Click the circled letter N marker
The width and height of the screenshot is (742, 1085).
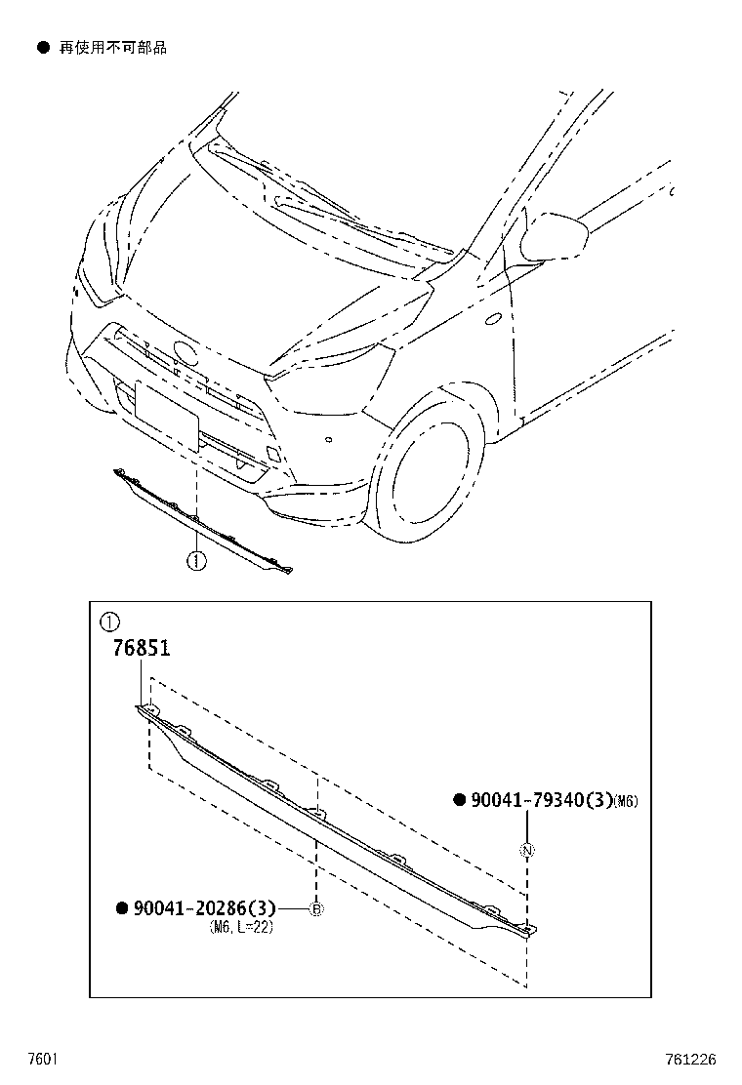click(x=527, y=850)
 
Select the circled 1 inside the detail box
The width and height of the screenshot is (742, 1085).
click(x=109, y=622)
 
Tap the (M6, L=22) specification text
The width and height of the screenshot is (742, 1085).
click(x=241, y=927)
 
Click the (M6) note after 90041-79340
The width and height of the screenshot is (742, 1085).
click(x=627, y=802)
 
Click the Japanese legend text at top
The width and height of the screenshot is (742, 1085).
click(x=113, y=47)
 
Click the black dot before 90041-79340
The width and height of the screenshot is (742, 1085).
click(x=458, y=801)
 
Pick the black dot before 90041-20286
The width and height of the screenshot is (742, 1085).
click(x=122, y=908)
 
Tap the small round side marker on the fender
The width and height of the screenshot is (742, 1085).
click(x=493, y=317)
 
